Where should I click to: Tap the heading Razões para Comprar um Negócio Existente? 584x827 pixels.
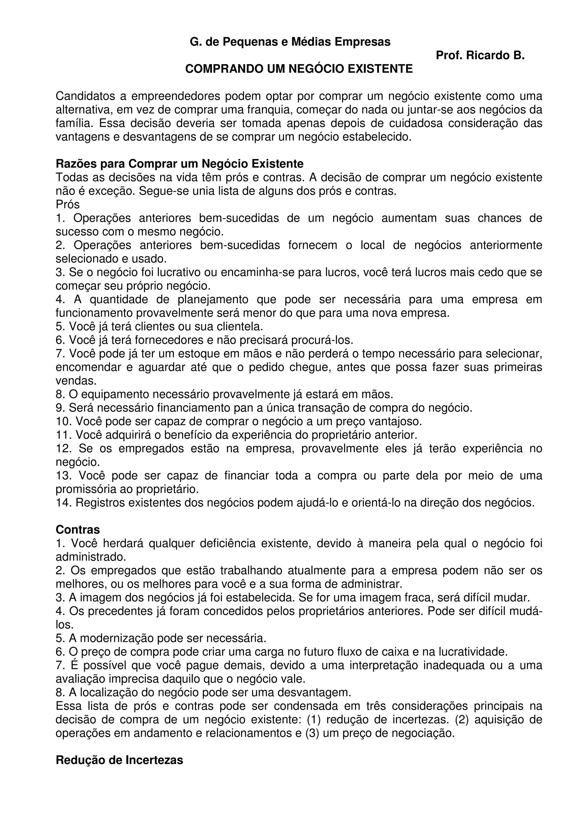(x=180, y=164)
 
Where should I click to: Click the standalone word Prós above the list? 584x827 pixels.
(x=68, y=205)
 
